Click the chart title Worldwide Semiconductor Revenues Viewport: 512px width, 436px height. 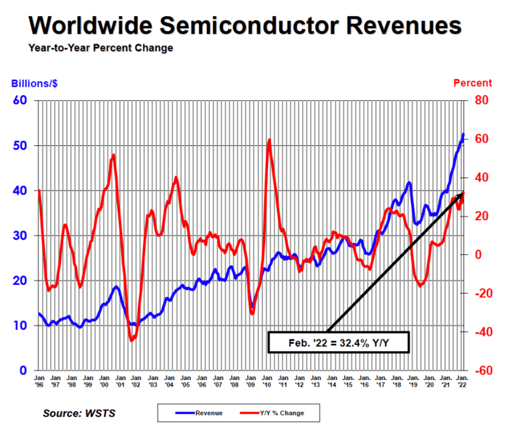point(245,25)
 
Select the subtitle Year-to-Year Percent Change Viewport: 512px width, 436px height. point(101,49)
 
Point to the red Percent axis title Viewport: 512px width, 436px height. point(472,83)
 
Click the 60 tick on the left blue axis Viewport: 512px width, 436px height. point(20,100)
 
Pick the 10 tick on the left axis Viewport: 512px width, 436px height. point(20,326)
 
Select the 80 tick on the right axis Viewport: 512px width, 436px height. point(481,100)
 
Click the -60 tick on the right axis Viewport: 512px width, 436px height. point(483,371)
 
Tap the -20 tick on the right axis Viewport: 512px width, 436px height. point(483,294)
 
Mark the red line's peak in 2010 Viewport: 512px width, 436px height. point(269,140)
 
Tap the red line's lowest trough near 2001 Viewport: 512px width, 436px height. point(132,339)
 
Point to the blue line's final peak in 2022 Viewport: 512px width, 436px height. point(463,134)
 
